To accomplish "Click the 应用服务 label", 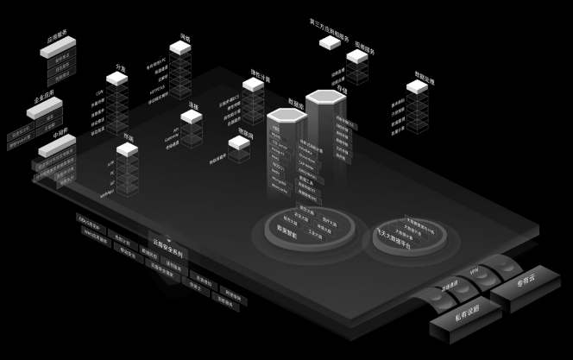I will [x=59, y=39].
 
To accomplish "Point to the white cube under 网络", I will [x=180, y=47].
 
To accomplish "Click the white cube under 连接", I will [x=192, y=116].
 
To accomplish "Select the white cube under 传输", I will [x=128, y=150].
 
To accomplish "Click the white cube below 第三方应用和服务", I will [x=330, y=41].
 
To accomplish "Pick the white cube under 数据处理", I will [x=417, y=86].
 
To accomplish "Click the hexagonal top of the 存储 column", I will [x=324, y=98].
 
